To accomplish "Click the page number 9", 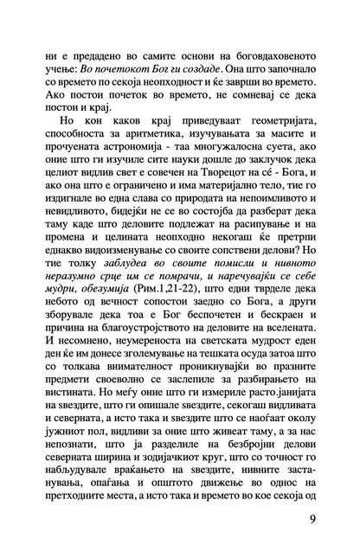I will pyautogui.click(x=311, y=519).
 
